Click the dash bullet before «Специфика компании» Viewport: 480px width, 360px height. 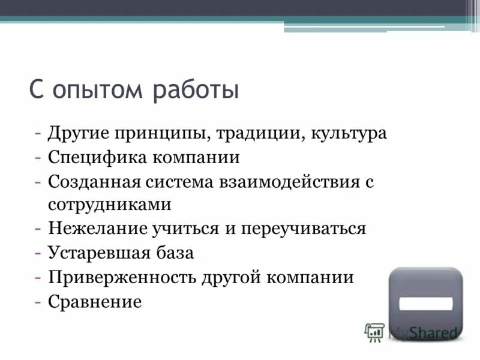tap(38, 157)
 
